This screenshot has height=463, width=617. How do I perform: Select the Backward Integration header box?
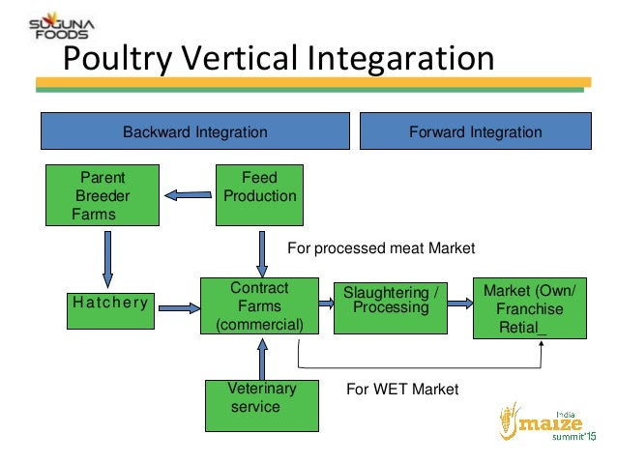pyautogui.click(x=194, y=131)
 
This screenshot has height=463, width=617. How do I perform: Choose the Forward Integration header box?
pyautogui.click(x=474, y=131)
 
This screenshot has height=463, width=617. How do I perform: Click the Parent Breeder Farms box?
pyautogui.click(x=103, y=195)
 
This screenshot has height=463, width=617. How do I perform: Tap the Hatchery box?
pyautogui.click(x=109, y=303)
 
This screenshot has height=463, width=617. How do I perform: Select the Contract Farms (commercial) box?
pyautogui.click(x=259, y=305)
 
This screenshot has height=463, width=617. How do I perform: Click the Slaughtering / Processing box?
pyautogui.click(x=391, y=305)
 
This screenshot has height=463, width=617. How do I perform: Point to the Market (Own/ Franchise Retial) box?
pyautogui.click(x=529, y=307)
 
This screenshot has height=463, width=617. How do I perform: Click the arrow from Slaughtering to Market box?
pyautogui.click(x=461, y=304)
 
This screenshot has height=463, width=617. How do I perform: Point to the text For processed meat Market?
pyautogui.click(x=382, y=249)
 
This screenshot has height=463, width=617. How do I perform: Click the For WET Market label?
pyautogui.click(x=402, y=390)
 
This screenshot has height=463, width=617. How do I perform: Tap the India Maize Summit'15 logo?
pyautogui.click(x=547, y=423)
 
